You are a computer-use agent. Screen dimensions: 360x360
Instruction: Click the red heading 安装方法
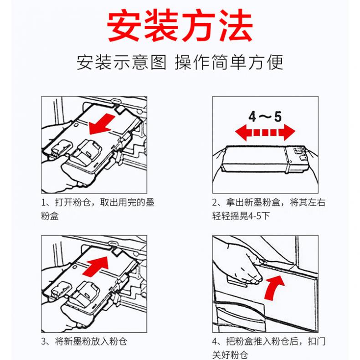180,25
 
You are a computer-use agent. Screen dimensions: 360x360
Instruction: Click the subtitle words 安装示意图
122,62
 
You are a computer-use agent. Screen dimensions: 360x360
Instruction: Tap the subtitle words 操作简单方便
229,62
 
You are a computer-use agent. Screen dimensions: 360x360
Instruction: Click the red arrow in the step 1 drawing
102,124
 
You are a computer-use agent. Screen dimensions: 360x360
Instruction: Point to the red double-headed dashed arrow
265,133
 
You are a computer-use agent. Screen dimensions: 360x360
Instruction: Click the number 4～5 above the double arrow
265,116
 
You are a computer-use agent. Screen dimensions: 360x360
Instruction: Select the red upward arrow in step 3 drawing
96,266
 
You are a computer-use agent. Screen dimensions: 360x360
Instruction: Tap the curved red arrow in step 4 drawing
275,288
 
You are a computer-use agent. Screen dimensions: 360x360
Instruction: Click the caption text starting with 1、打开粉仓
98,209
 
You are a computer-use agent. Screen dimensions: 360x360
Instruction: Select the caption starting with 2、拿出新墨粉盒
269,209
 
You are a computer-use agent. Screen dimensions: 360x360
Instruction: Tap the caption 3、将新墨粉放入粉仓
84,341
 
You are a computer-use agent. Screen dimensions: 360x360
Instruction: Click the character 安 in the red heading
124,25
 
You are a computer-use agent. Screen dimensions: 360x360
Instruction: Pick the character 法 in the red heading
236,25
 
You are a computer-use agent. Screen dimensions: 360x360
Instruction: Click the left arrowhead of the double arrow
242,133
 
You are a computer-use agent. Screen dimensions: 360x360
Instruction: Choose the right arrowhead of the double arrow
289,133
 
